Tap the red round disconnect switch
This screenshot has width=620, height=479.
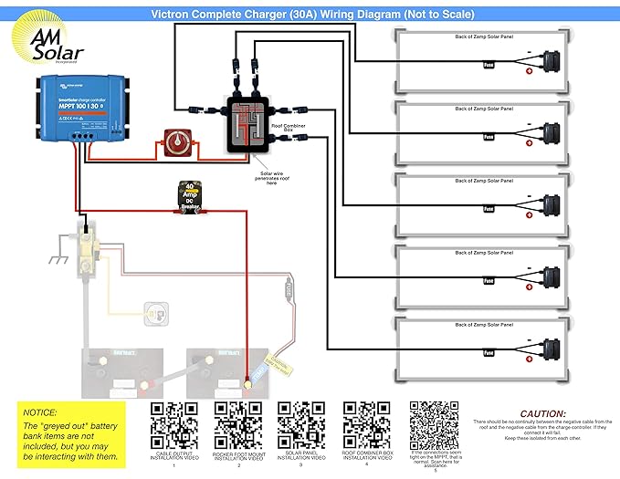click(173, 142)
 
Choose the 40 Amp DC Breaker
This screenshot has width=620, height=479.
click(189, 198)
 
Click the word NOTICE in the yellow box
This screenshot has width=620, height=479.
click(41, 412)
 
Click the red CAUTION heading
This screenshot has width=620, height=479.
click(542, 413)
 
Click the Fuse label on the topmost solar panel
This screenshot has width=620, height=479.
click(489, 64)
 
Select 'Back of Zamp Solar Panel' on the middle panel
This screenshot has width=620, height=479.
click(485, 181)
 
